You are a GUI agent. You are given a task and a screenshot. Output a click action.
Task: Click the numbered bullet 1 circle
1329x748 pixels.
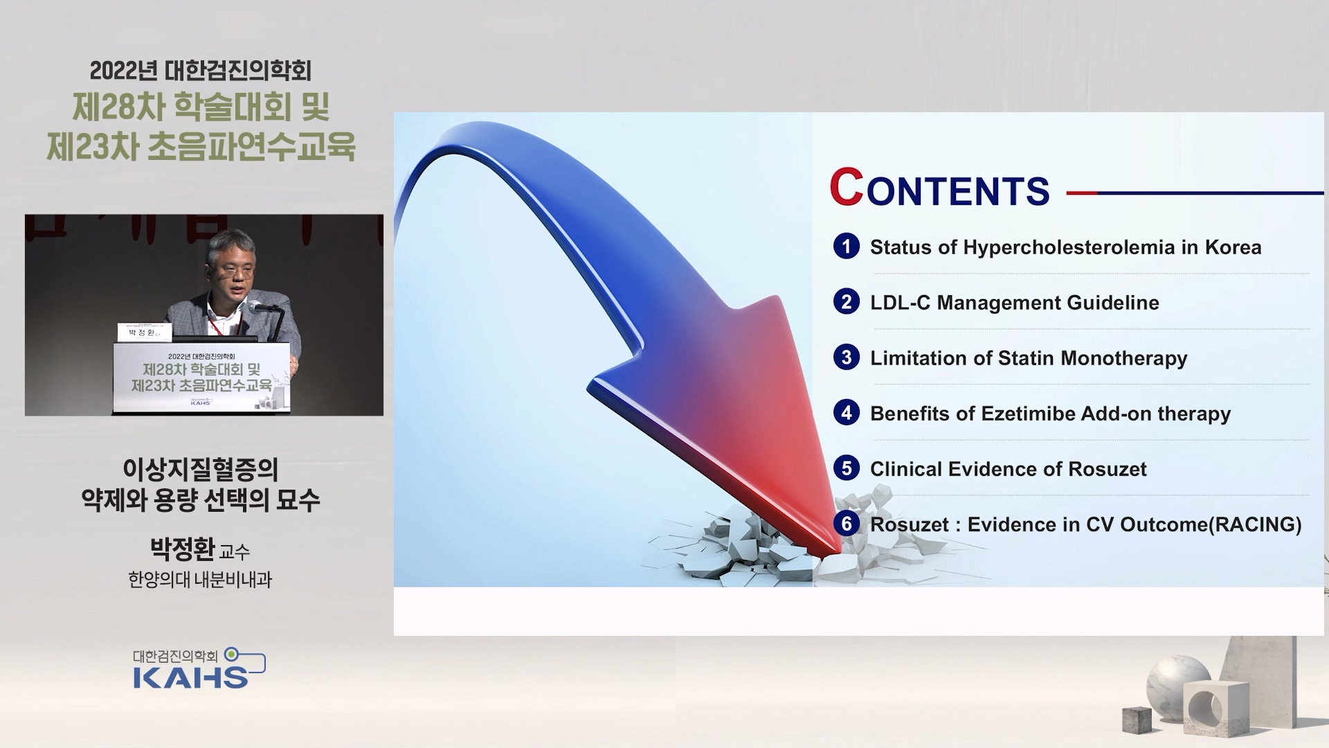click(846, 247)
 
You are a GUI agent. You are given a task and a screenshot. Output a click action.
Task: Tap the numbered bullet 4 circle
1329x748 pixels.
click(846, 413)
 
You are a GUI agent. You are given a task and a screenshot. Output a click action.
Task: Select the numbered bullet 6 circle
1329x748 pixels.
click(846, 524)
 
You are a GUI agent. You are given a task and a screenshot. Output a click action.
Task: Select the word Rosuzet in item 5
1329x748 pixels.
click(1107, 469)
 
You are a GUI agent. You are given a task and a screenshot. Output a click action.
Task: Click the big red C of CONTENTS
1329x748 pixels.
click(846, 187)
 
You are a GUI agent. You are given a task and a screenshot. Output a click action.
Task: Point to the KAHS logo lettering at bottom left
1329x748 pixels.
click(190, 677)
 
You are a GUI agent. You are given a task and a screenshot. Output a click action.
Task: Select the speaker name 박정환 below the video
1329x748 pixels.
click(183, 549)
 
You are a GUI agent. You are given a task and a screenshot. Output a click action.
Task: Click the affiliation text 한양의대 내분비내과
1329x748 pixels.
click(200, 580)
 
